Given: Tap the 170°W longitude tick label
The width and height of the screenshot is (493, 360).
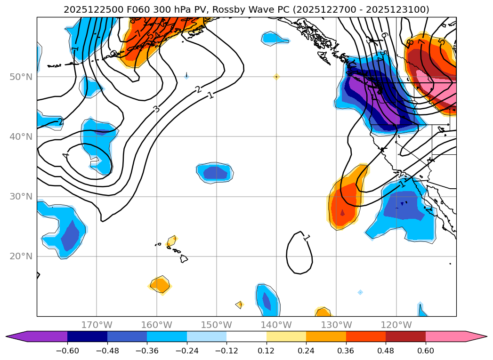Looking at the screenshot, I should pyautogui.click(x=97, y=325).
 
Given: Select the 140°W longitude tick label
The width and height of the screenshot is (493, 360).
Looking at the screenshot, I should pyautogui.click(x=276, y=325).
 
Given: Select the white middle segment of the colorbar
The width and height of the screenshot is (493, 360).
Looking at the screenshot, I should pyautogui.click(x=246, y=336).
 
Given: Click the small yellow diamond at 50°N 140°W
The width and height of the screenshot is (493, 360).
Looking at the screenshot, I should pyautogui.click(x=276, y=77).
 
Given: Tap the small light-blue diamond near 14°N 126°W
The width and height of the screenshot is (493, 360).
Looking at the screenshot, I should pyautogui.click(x=360, y=292).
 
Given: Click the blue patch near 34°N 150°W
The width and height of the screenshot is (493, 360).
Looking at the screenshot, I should pyautogui.click(x=215, y=173).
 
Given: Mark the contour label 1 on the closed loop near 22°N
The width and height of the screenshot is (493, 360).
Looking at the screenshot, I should pyautogui.click(x=307, y=237).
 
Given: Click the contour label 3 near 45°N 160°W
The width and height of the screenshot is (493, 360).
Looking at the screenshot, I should pyautogui.click(x=156, y=109).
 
